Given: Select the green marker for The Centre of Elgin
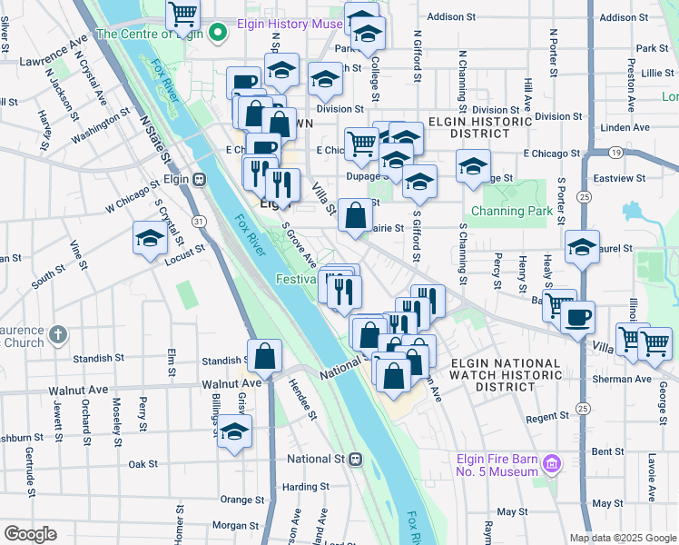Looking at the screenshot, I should (x=217, y=35).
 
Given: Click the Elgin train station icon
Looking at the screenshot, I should (x=198, y=179).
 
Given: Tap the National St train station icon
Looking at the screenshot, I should (x=357, y=459).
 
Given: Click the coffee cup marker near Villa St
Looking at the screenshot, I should (x=577, y=317).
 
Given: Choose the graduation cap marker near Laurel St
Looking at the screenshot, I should (x=582, y=247).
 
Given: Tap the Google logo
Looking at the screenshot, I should (x=30, y=534).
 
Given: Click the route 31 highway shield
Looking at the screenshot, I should (x=198, y=221).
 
